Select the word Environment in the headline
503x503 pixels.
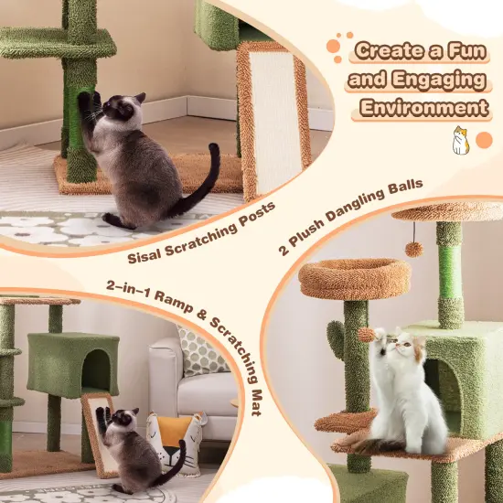422,108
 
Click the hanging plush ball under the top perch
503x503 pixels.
414,249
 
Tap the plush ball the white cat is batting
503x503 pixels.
367,335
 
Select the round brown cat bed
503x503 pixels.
342,278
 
